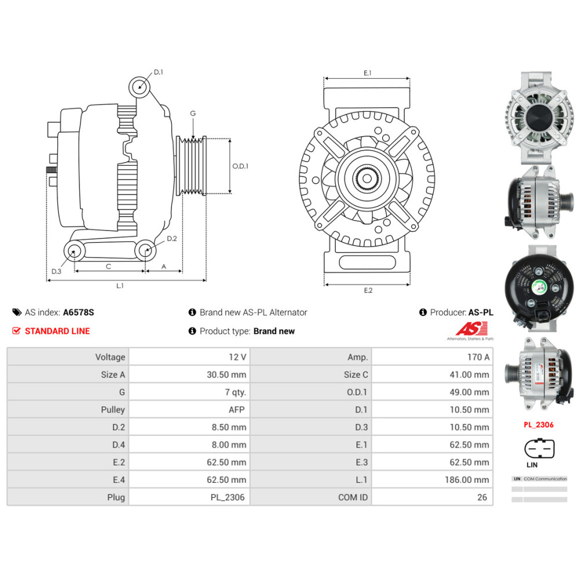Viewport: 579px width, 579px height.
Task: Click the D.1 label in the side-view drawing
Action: click(159, 72)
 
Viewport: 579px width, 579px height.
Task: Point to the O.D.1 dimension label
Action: click(240, 166)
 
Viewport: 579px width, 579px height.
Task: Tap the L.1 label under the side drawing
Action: click(120, 285)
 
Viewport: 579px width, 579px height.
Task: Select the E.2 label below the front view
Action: click(368, 290)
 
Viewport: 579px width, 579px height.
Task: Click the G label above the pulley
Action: click(193, 113)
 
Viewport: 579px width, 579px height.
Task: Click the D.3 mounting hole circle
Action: click(73, 251)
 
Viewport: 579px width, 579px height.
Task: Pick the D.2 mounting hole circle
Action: click(145, 251)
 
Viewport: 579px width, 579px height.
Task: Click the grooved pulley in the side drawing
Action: click(191, 166)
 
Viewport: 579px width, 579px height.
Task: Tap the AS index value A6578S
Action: click(78, 312)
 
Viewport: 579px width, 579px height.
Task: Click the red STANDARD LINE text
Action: click(57, 331)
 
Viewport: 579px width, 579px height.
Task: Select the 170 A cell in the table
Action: click(478, 357)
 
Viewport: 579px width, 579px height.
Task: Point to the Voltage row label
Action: click(110, 357)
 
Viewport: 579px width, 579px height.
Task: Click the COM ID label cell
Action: click(353, 497)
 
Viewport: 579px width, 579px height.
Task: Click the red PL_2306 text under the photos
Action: click(538, 424)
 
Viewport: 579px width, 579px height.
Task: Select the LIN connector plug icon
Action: click(539, 448)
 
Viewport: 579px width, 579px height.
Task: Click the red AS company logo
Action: click(468, 329)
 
